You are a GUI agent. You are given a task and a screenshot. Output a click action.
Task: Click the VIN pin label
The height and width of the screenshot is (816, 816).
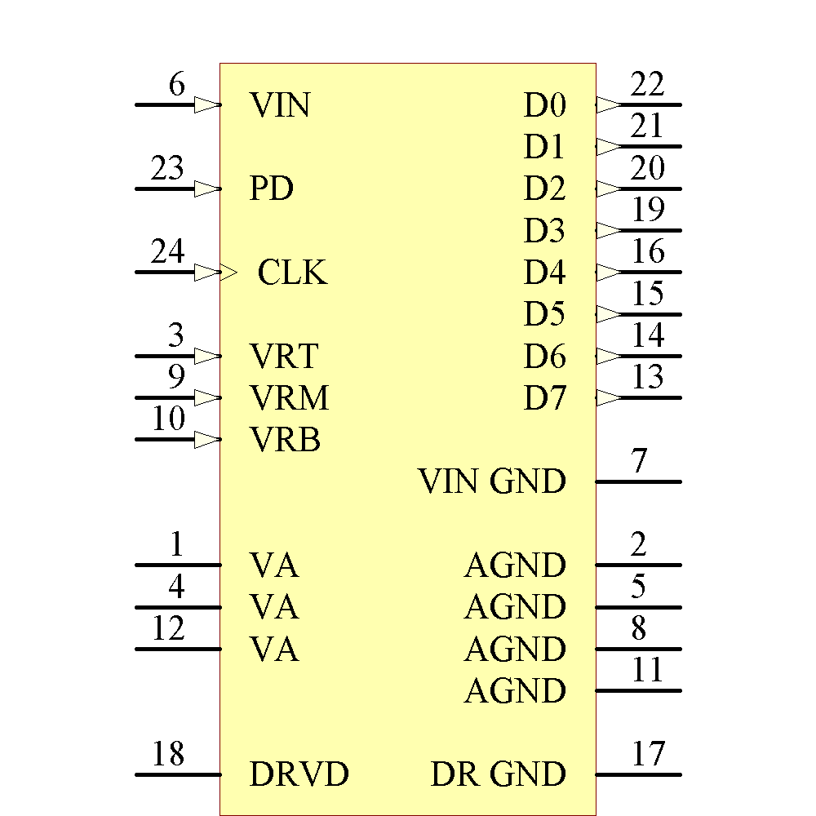[x=280, y=105]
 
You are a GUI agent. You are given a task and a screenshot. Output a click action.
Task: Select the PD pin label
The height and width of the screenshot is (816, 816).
[x=271, y=189]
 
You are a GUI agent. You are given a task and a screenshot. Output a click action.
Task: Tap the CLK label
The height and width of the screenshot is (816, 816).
[x=292, y=273]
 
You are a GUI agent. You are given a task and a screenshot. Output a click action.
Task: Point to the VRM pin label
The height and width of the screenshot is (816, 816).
[x=289, y=398]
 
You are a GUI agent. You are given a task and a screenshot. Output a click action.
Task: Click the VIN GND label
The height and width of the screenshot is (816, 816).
[x=492, y=481]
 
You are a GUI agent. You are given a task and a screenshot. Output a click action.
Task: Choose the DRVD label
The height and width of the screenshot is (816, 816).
[x=299, y=774]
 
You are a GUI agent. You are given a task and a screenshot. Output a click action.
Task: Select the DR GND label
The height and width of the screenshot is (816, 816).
[x=498, y=774]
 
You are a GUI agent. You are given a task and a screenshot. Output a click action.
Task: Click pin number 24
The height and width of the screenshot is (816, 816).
[x=168, y=252]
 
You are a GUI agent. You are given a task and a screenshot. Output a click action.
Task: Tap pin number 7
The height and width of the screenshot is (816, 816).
[x=639, y=462]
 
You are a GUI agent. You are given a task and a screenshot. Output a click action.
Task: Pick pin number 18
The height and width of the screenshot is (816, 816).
[x=168, y=755]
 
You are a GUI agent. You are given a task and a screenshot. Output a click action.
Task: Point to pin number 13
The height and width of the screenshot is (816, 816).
[x=648, y=378]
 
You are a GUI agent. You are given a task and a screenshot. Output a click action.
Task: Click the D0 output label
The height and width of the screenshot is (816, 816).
[x=545, y=105]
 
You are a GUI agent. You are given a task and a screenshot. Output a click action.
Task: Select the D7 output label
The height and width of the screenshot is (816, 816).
[x=545, y=399]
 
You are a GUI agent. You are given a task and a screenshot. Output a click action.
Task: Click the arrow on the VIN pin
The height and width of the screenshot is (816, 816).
[x=207, y=105]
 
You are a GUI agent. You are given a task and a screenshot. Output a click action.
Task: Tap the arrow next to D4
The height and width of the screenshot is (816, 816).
[x=609, y=273]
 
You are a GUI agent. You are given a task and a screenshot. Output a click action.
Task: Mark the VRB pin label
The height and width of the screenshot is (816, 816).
[x=285, y=441]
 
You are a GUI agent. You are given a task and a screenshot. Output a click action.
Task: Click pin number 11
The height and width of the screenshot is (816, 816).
[x=648, y=671]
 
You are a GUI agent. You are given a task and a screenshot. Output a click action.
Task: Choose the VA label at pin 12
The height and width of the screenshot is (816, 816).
[x=274, y=650]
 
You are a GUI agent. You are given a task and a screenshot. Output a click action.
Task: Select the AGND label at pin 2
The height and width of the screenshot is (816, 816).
[x=515, y=565]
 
